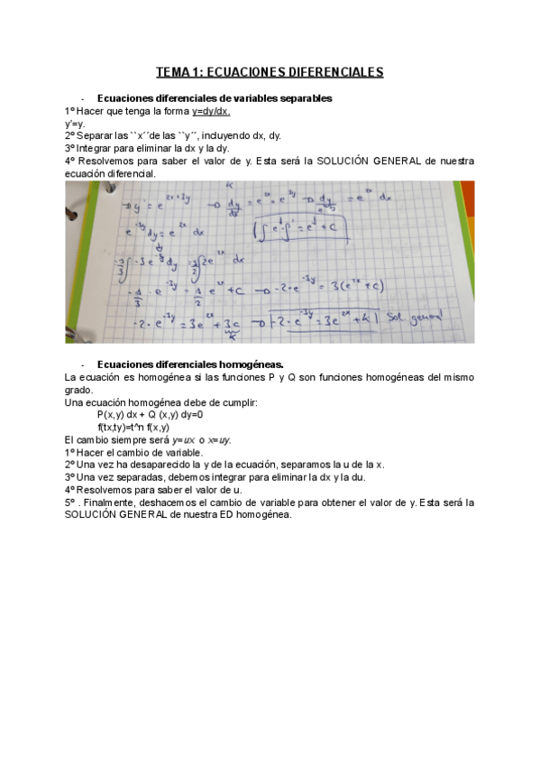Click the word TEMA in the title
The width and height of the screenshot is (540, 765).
(x=172, y=71)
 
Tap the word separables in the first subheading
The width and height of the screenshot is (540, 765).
(x=302, y=97)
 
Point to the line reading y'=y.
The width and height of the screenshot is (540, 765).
(x=75, y=124)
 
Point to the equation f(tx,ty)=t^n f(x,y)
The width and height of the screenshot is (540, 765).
(x=133, y=427)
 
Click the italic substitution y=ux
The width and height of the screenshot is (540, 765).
(x=196, y=439)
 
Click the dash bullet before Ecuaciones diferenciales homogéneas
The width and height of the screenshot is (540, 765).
(x=82, y=364)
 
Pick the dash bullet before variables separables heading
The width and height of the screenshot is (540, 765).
(x=82, y=97)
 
